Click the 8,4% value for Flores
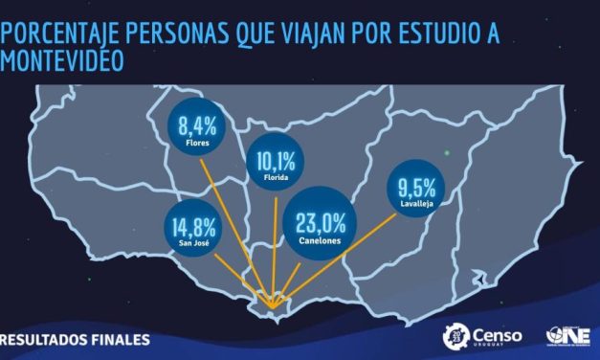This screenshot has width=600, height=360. click(x=199, y=124)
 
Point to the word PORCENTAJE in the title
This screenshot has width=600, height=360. click(x=64, y=35)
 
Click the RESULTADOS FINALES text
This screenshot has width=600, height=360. click(x=77, y=339)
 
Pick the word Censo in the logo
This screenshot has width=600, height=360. click(x=498, y=332)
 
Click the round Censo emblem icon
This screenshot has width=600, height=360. click(x=456, y=335)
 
